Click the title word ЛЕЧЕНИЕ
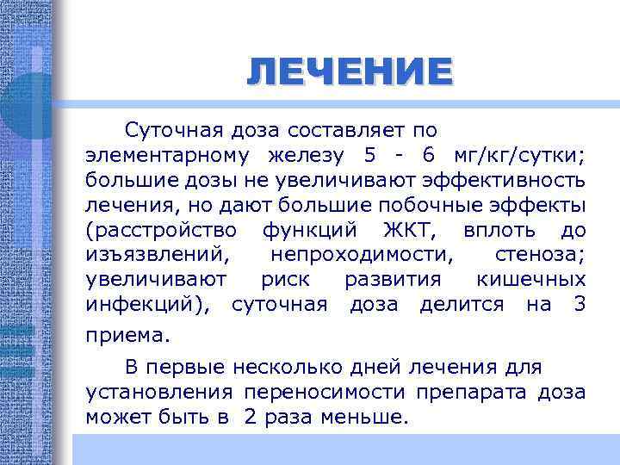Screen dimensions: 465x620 348,71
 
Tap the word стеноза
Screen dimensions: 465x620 540,256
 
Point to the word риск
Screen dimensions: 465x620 285,280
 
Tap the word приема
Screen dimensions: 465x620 127,333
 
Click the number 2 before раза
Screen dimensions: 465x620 250,418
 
